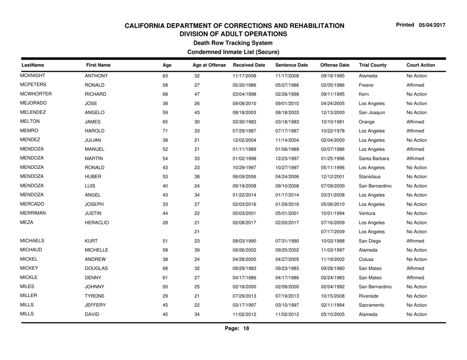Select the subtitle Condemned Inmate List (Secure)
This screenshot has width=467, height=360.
233,51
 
